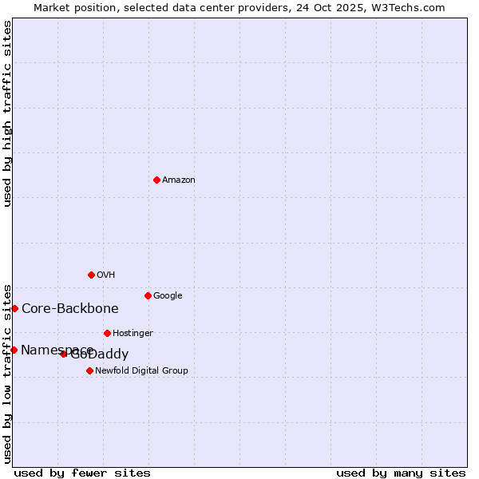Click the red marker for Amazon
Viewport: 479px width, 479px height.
156,180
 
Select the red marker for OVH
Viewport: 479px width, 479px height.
91,275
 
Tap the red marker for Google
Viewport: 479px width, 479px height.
148,295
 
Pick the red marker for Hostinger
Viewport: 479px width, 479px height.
107,333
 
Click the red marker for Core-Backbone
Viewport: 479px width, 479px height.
14,308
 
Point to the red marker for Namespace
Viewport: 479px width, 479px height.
14,350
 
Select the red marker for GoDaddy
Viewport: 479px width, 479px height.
64,354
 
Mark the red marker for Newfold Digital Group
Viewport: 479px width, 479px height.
89,370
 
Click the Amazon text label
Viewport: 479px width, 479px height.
179,180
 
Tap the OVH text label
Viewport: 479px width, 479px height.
106,275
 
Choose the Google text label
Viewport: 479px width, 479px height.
168,295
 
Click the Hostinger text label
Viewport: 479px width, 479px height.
133,333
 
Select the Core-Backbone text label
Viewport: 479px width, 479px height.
70,309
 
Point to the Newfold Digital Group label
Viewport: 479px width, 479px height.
141,370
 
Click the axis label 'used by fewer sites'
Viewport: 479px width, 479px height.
82,473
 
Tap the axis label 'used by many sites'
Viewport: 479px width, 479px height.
401,473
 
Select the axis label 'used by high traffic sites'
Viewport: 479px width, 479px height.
7,113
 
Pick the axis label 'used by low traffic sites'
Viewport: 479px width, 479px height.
7,373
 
